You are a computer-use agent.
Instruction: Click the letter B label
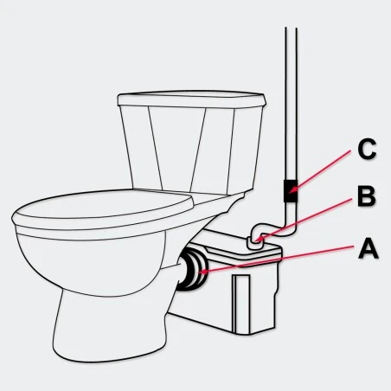[x=367, y=197]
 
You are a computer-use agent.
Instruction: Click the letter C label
[x=367, y=149]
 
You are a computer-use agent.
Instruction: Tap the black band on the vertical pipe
[x=291, y=191]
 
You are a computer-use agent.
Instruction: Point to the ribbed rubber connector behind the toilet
[x=193, y=270]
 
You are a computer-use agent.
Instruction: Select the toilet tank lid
[x=191, y=99]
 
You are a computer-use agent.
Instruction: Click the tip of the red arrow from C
[x=291, y=191]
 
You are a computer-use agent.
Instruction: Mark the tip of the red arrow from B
[x=258, y=240]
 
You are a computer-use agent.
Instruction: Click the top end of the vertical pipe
[x=292, y=28]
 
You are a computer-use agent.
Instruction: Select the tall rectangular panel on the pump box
[x=242, y=304]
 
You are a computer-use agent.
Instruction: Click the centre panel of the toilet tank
[x=177, y=150]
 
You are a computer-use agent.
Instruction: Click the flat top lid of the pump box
[x=240, y=245]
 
